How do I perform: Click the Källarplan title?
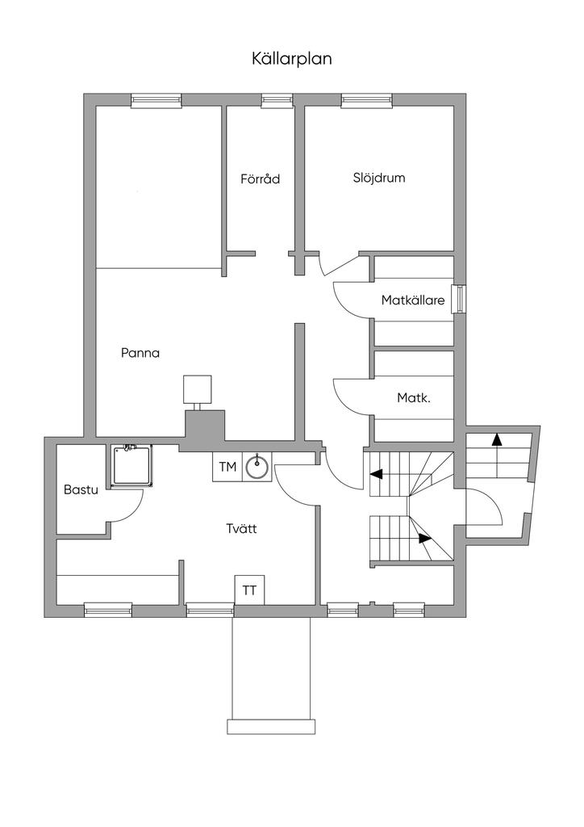pyautogui.click(x=292, y=59)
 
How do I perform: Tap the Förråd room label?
pyautogui.click(x=260, y=178)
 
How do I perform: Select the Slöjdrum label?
pyautogui.click(x=378, y=178)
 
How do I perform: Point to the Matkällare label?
pyautogui.click(x=413, y=301)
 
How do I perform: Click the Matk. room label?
pyautogui.click(x=412, y=398)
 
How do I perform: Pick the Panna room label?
pyautogui.click(x=140, y=353)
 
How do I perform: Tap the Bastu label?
pyautogui.click(x=81, y=489)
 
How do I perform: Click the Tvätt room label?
pyautogui.click(x=241, y=530)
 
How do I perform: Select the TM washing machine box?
pyautogui.click(x=227, y=467)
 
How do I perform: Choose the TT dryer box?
pyautogui.click(x=249, y=590)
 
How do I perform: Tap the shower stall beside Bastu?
pyautogui.click(x=130, y=466)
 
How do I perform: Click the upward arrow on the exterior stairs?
pyautogui.click(x=496, y=439)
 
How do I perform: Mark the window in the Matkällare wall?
pyautogui.click(x=458, y=299)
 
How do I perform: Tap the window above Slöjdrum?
pyautogui.click(x=367, y=100)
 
